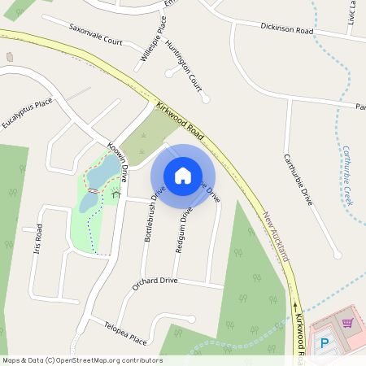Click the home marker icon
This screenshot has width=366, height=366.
point(183,176)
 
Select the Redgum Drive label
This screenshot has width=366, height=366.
point(185,229)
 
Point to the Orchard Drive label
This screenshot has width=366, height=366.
point(155,281)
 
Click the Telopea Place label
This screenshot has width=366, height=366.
point(125,332)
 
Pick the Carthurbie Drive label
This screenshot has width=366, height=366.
point(298,177)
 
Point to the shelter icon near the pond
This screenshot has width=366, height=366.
point(115,194)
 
